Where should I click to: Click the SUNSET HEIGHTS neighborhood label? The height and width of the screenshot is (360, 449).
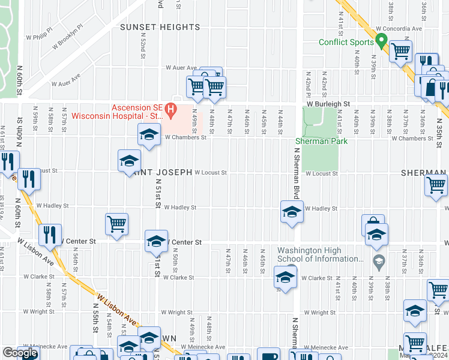click(x=160, y=27)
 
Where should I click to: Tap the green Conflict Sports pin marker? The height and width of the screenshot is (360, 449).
click(x=380, y=41)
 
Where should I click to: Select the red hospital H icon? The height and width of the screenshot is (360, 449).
click(x=170, y=109)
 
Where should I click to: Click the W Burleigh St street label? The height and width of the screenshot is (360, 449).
click(x=328, y=104)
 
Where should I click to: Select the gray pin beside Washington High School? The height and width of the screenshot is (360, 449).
click(x=379, y=261)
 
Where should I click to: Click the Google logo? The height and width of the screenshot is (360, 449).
click(x=20, y=353)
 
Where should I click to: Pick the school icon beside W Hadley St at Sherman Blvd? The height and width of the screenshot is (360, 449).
click(x=292, y=211)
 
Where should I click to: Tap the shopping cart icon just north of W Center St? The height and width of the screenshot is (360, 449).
click(x=116, y=224)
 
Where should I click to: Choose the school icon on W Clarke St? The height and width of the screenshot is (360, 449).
click(x=285, y=277)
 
